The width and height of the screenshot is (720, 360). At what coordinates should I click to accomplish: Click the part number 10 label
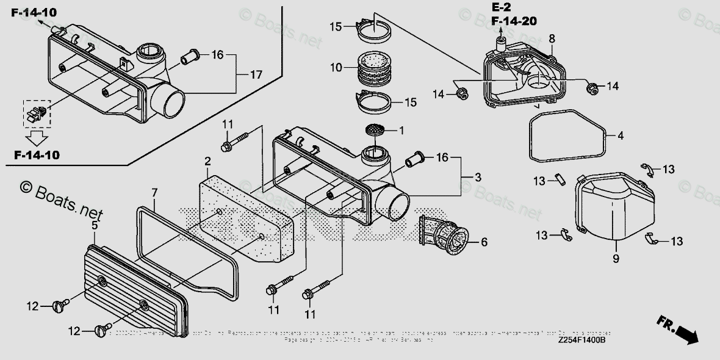pos(336,68)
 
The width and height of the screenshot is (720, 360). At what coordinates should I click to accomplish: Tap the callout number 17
pos(256,75)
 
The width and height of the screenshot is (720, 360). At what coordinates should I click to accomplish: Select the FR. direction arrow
pos(677,329)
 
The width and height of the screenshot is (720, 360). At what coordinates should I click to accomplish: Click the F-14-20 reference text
pos(513,21)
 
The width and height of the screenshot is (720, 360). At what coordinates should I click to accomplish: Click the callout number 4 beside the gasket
pos(621,136)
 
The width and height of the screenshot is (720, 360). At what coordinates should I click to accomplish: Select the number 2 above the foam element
pos(208,161)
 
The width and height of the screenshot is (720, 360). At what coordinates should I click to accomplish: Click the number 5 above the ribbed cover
pos(95,226)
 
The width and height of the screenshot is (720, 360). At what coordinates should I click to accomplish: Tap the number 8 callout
pos(552,39)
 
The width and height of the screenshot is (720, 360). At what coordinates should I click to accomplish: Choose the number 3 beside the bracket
pos(478,178)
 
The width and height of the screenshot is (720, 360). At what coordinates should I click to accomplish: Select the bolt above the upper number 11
pos(234,142)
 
